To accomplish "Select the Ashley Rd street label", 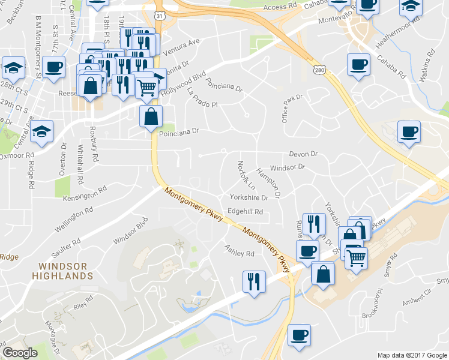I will (240, 250).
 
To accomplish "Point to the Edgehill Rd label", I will (245, 212).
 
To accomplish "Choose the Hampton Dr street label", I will (268, 182).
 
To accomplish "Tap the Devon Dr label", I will (303, 154).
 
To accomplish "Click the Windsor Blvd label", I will (131, 233).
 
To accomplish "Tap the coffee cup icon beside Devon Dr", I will (409, 131).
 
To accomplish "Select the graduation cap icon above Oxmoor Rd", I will (42, 131).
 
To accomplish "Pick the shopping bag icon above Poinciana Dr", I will (150, 116).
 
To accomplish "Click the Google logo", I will (20, 353).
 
